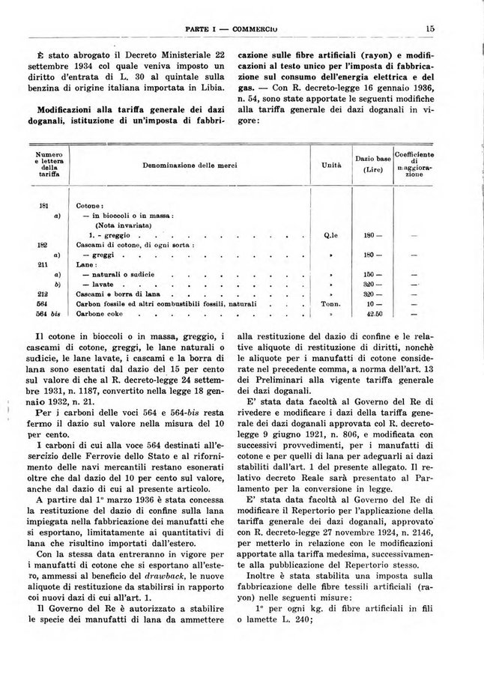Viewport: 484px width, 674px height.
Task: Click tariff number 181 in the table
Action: pos(43,204)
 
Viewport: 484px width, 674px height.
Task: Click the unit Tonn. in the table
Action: pos(331,305)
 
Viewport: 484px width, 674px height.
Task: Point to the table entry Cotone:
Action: pos(90,204)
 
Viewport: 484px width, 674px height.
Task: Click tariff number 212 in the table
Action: pos(43,295)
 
